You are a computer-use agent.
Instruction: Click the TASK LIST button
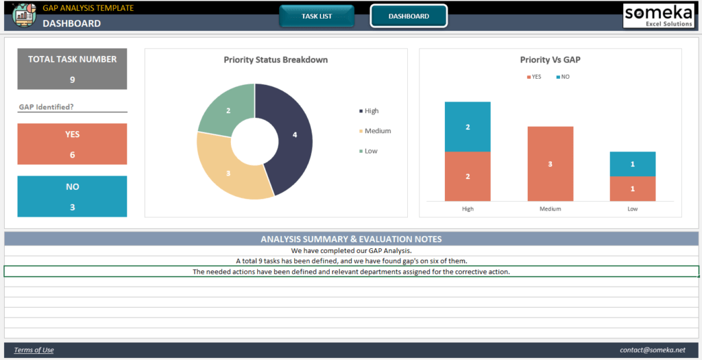(317, 16)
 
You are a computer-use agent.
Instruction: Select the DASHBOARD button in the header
(409, 16)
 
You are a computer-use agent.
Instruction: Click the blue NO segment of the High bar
(468, 127)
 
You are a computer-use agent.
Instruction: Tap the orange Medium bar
(550, 164)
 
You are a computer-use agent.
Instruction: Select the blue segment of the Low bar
(632, 164)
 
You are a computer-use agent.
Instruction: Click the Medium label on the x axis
(550, 208)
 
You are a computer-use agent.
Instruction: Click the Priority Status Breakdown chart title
(276, 60)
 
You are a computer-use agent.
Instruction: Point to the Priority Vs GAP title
(550, 60)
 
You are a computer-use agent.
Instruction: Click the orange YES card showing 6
(72, 144)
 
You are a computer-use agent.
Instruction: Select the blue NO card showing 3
(72, 196)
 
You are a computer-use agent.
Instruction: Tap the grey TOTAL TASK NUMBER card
(72, 69)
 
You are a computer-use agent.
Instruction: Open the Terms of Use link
(34, 350)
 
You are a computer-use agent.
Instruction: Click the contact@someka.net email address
(652, 350)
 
